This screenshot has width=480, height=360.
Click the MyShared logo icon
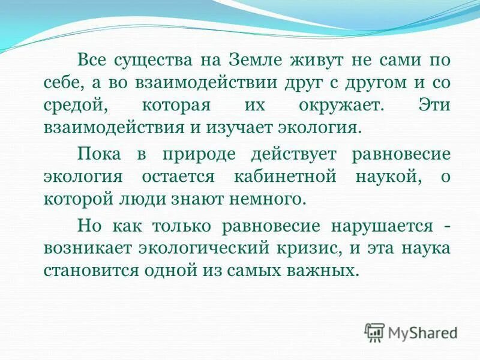pyautogui.click(x=375, y=332)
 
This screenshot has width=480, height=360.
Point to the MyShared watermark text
pyautogui.click(x=422, y=332)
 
